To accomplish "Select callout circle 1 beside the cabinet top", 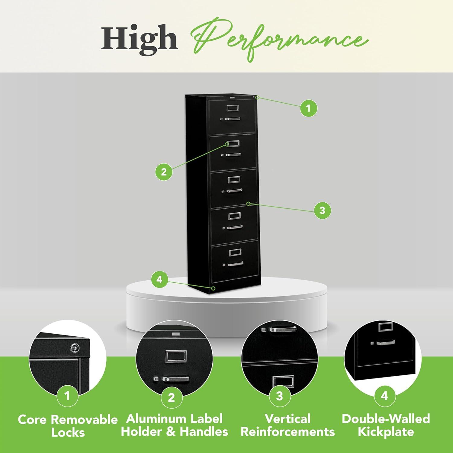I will (x=308, y=108).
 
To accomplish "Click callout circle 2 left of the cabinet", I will (x=164, y=172).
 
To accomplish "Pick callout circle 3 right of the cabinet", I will (x=322, y=210).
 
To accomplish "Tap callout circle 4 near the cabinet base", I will (x=159, y=280).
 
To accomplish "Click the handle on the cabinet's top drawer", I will (x=231, y=119).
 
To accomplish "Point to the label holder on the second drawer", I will (x=233, y=144).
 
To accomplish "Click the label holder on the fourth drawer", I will (x=234, y=216).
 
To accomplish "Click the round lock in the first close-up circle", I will (x=75, y=348).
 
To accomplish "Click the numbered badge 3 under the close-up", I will (x=279, y=396).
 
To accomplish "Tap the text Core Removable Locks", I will (x=68, y=426).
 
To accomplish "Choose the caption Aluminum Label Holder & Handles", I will (x=175, y=425).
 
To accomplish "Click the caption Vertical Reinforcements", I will (x=288, y=425).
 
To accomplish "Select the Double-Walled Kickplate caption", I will (x=386, y=425).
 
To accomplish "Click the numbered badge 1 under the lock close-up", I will (x=67, y=396).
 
